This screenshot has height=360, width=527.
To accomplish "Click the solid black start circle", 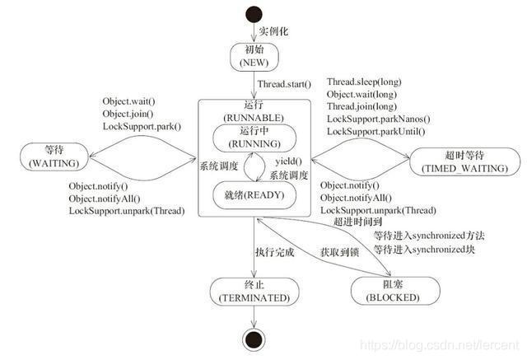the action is [254, 16].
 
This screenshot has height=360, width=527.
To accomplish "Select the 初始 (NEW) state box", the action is [254, 56].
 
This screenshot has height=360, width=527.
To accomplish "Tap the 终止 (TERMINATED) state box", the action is [254, 289].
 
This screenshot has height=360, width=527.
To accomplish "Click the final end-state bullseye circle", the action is [254, 339].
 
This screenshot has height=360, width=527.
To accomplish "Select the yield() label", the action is [288, 161].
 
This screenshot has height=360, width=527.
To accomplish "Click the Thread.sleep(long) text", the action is [363, 83].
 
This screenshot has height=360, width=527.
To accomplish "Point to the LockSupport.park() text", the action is [141, 126].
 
